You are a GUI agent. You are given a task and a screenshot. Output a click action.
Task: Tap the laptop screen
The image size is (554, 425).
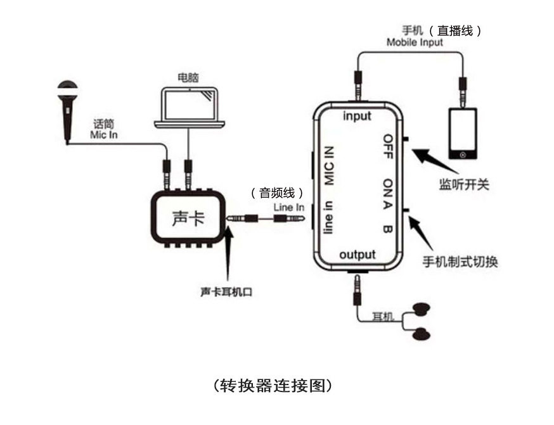click(x=190, y=105)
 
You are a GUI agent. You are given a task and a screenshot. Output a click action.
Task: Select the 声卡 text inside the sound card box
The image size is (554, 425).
click(x=188, y=218)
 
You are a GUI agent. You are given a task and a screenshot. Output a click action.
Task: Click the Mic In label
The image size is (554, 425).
click(x=104, y=135)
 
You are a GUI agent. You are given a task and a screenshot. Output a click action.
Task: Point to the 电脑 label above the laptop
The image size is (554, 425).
click(x=188, y=77)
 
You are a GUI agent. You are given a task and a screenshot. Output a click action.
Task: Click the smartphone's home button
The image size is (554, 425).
click(x=463, y=155)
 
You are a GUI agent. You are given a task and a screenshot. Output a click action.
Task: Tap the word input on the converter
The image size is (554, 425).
click(x=358, y=116)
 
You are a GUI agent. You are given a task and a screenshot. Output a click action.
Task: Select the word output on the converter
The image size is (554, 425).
click(x=358, y=255)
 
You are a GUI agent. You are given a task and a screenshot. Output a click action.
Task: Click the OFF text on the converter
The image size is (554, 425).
click(x=388, y=146)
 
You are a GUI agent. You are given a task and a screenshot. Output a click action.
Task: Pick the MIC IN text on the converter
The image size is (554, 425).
click(x=329, y=165)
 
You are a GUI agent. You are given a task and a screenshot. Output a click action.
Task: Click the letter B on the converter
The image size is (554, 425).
click(x=387, y=229)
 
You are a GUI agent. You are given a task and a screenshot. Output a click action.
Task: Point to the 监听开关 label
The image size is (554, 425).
click(x=464, y=184)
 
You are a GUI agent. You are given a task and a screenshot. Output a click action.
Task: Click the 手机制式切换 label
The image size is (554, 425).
click(x=460, y=262)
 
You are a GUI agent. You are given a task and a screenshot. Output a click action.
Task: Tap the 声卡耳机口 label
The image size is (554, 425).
click(x=226, y=292)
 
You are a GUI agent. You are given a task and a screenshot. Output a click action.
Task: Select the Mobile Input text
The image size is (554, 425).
click(x=415, y=42)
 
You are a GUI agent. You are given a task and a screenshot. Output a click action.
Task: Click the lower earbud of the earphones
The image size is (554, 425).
click(x=422, y=334)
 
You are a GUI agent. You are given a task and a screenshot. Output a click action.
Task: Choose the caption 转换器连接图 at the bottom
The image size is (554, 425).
click(x=273, y=386)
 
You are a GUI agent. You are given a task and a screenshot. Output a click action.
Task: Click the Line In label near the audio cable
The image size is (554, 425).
click(x=288, y=207)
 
